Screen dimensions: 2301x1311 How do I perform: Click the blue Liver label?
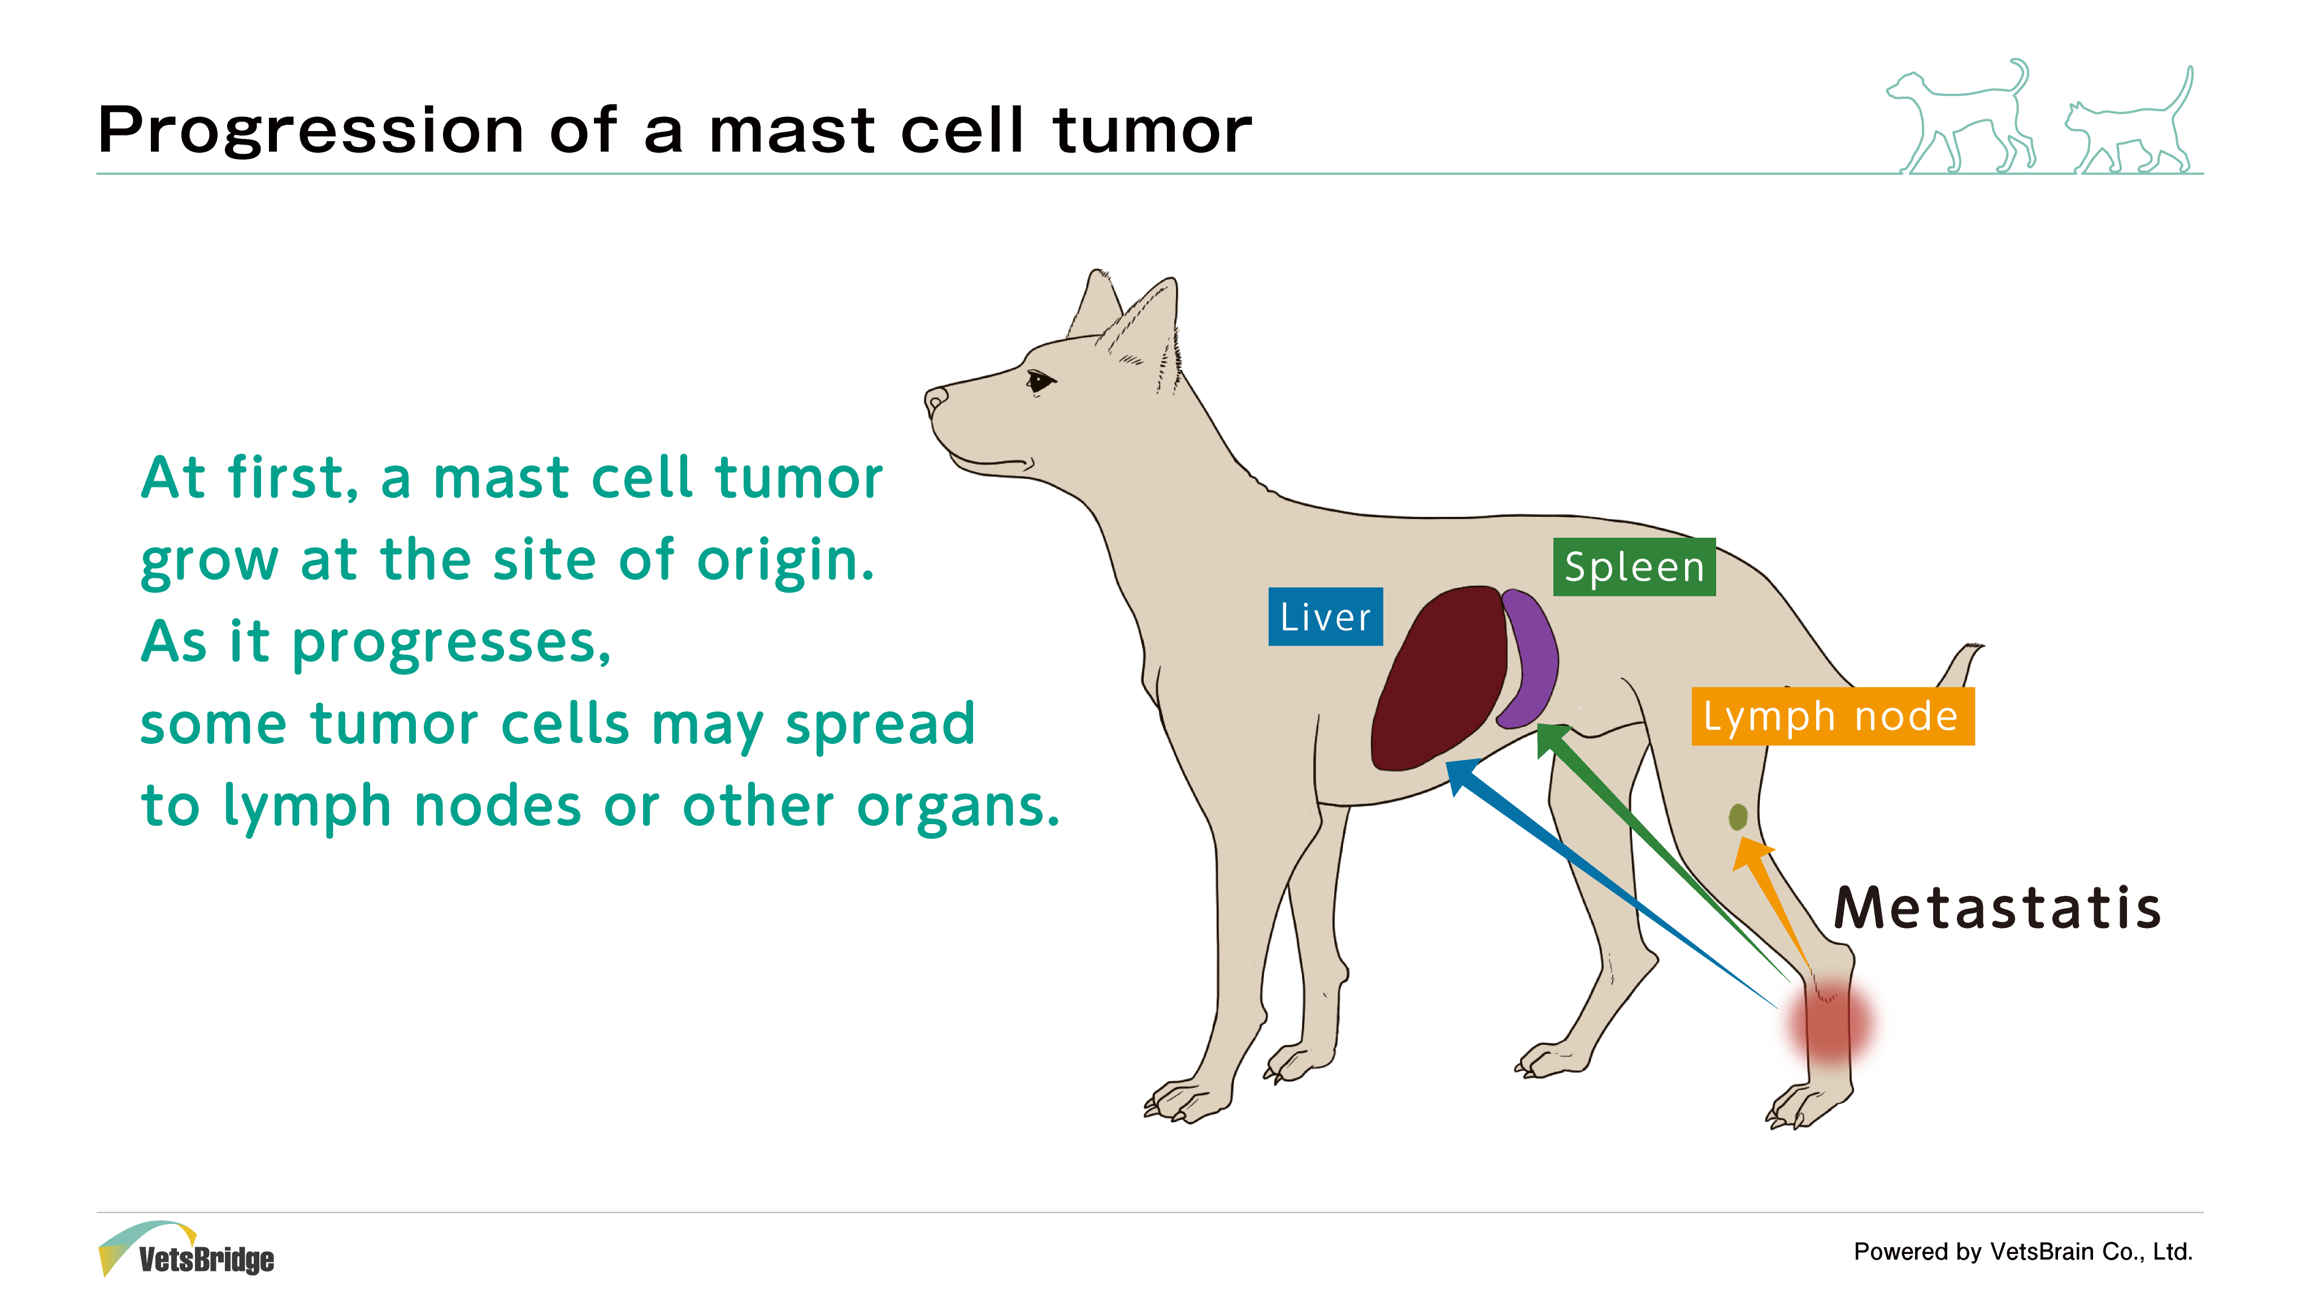pos(1325,617)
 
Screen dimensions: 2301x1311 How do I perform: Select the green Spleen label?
pos(1634,567)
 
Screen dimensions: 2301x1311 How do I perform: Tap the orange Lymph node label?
pos(1833,717)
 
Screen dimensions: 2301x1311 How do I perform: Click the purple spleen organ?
pos(1529,657)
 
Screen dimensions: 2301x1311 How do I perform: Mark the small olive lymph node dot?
pos(1737,817)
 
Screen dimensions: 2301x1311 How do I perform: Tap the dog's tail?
pos(1961,667)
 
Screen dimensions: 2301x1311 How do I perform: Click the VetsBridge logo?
pos(185,1250)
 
